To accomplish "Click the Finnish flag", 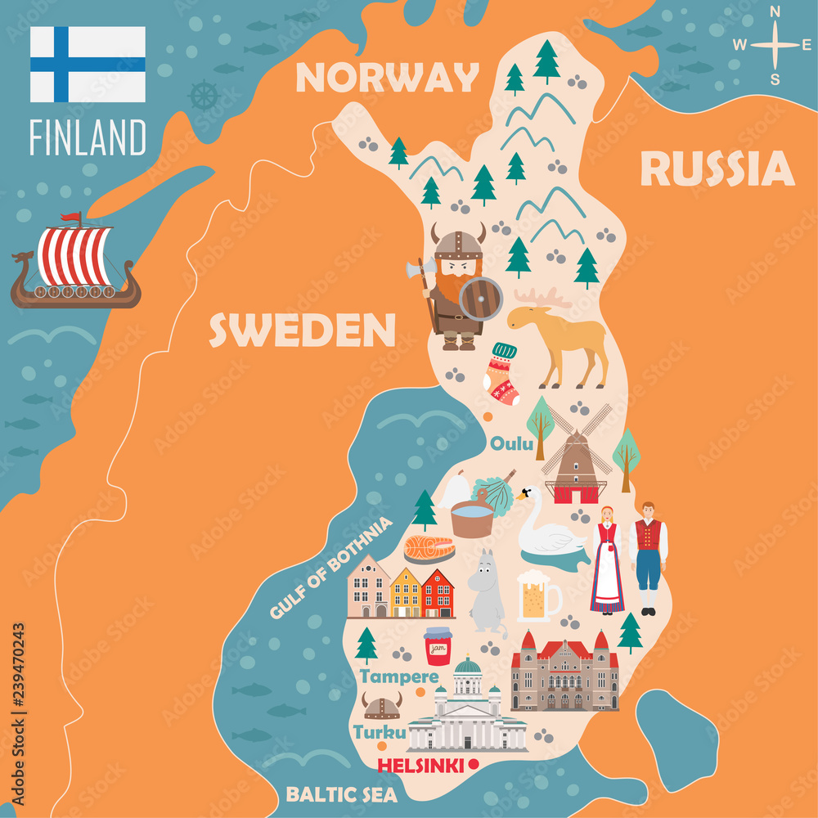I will [x=88, y=64].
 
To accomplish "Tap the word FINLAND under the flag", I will [x=88, y=137].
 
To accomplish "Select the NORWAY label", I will [x=387, y=78].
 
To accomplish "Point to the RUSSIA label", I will [x=717, y=169].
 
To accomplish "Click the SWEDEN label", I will [x=302, y=330].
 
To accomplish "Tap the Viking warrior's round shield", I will [x=480, y=299].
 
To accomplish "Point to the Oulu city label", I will [x=511, y=444].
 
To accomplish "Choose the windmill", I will [x=576, y=458].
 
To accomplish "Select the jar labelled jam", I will [x=438, y=646].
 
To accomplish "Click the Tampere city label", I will [x=399, y=676].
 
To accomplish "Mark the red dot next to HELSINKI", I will [x=473, y=765].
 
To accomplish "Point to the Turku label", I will [x=380, y=732].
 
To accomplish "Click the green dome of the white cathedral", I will [x=468, y=666].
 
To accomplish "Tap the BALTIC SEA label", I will [x=341, y=794].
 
